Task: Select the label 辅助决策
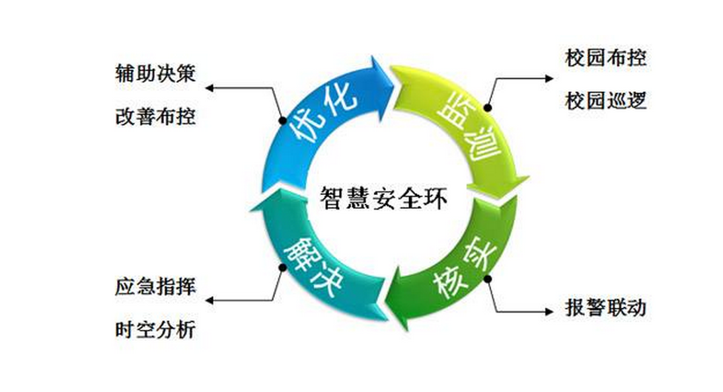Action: (x=155, y=73)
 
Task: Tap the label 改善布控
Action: (x=155, y=116)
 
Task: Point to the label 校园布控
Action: (x=605, y=58)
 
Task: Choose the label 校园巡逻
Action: (x=605, y=101)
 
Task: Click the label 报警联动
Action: (x=605, y=309)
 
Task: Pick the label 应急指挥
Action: (x=155, y=287)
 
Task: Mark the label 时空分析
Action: (x=155, y=330)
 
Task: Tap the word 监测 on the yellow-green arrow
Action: (x=470, y=132)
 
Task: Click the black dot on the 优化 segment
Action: (x=281, y=116)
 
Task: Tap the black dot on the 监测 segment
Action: (x=488, y=106)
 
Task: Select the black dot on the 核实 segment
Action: (x=488, y=278)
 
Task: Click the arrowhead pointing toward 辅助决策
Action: (x=209, y=87)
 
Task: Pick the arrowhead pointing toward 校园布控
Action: (x=550, y=78)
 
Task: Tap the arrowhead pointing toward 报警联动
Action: (x=550, y=309)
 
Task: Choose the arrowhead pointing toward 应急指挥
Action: (x=209, y=301)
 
